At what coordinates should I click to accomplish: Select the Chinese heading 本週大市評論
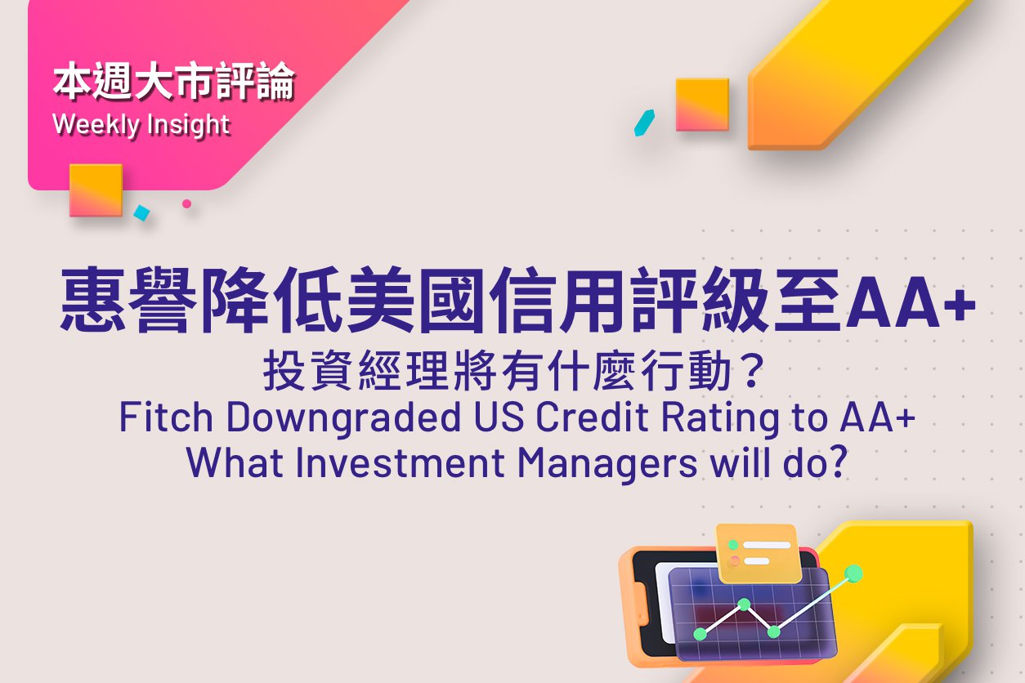(173, 82)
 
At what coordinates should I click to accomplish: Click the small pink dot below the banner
(186, 203)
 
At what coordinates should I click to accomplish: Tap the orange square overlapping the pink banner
(96, 190)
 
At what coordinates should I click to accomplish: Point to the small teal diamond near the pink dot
(142, 212)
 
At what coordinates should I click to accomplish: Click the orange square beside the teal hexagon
(702, 105)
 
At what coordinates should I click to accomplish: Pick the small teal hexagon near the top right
(644, 123)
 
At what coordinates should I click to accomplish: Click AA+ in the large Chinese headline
(910, 302)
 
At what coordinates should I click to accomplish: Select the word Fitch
(166, 417)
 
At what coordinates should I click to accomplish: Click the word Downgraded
(343, 417)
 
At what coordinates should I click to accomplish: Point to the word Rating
(720, 417)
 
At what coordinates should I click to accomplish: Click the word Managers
(608, 464)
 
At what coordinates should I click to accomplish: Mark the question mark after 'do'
(839, 462)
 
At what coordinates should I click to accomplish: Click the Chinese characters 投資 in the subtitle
(308, 370)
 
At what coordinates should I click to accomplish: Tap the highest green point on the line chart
(853, 574)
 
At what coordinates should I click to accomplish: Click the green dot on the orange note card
(733, 545)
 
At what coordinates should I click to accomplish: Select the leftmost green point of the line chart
(700, 634)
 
